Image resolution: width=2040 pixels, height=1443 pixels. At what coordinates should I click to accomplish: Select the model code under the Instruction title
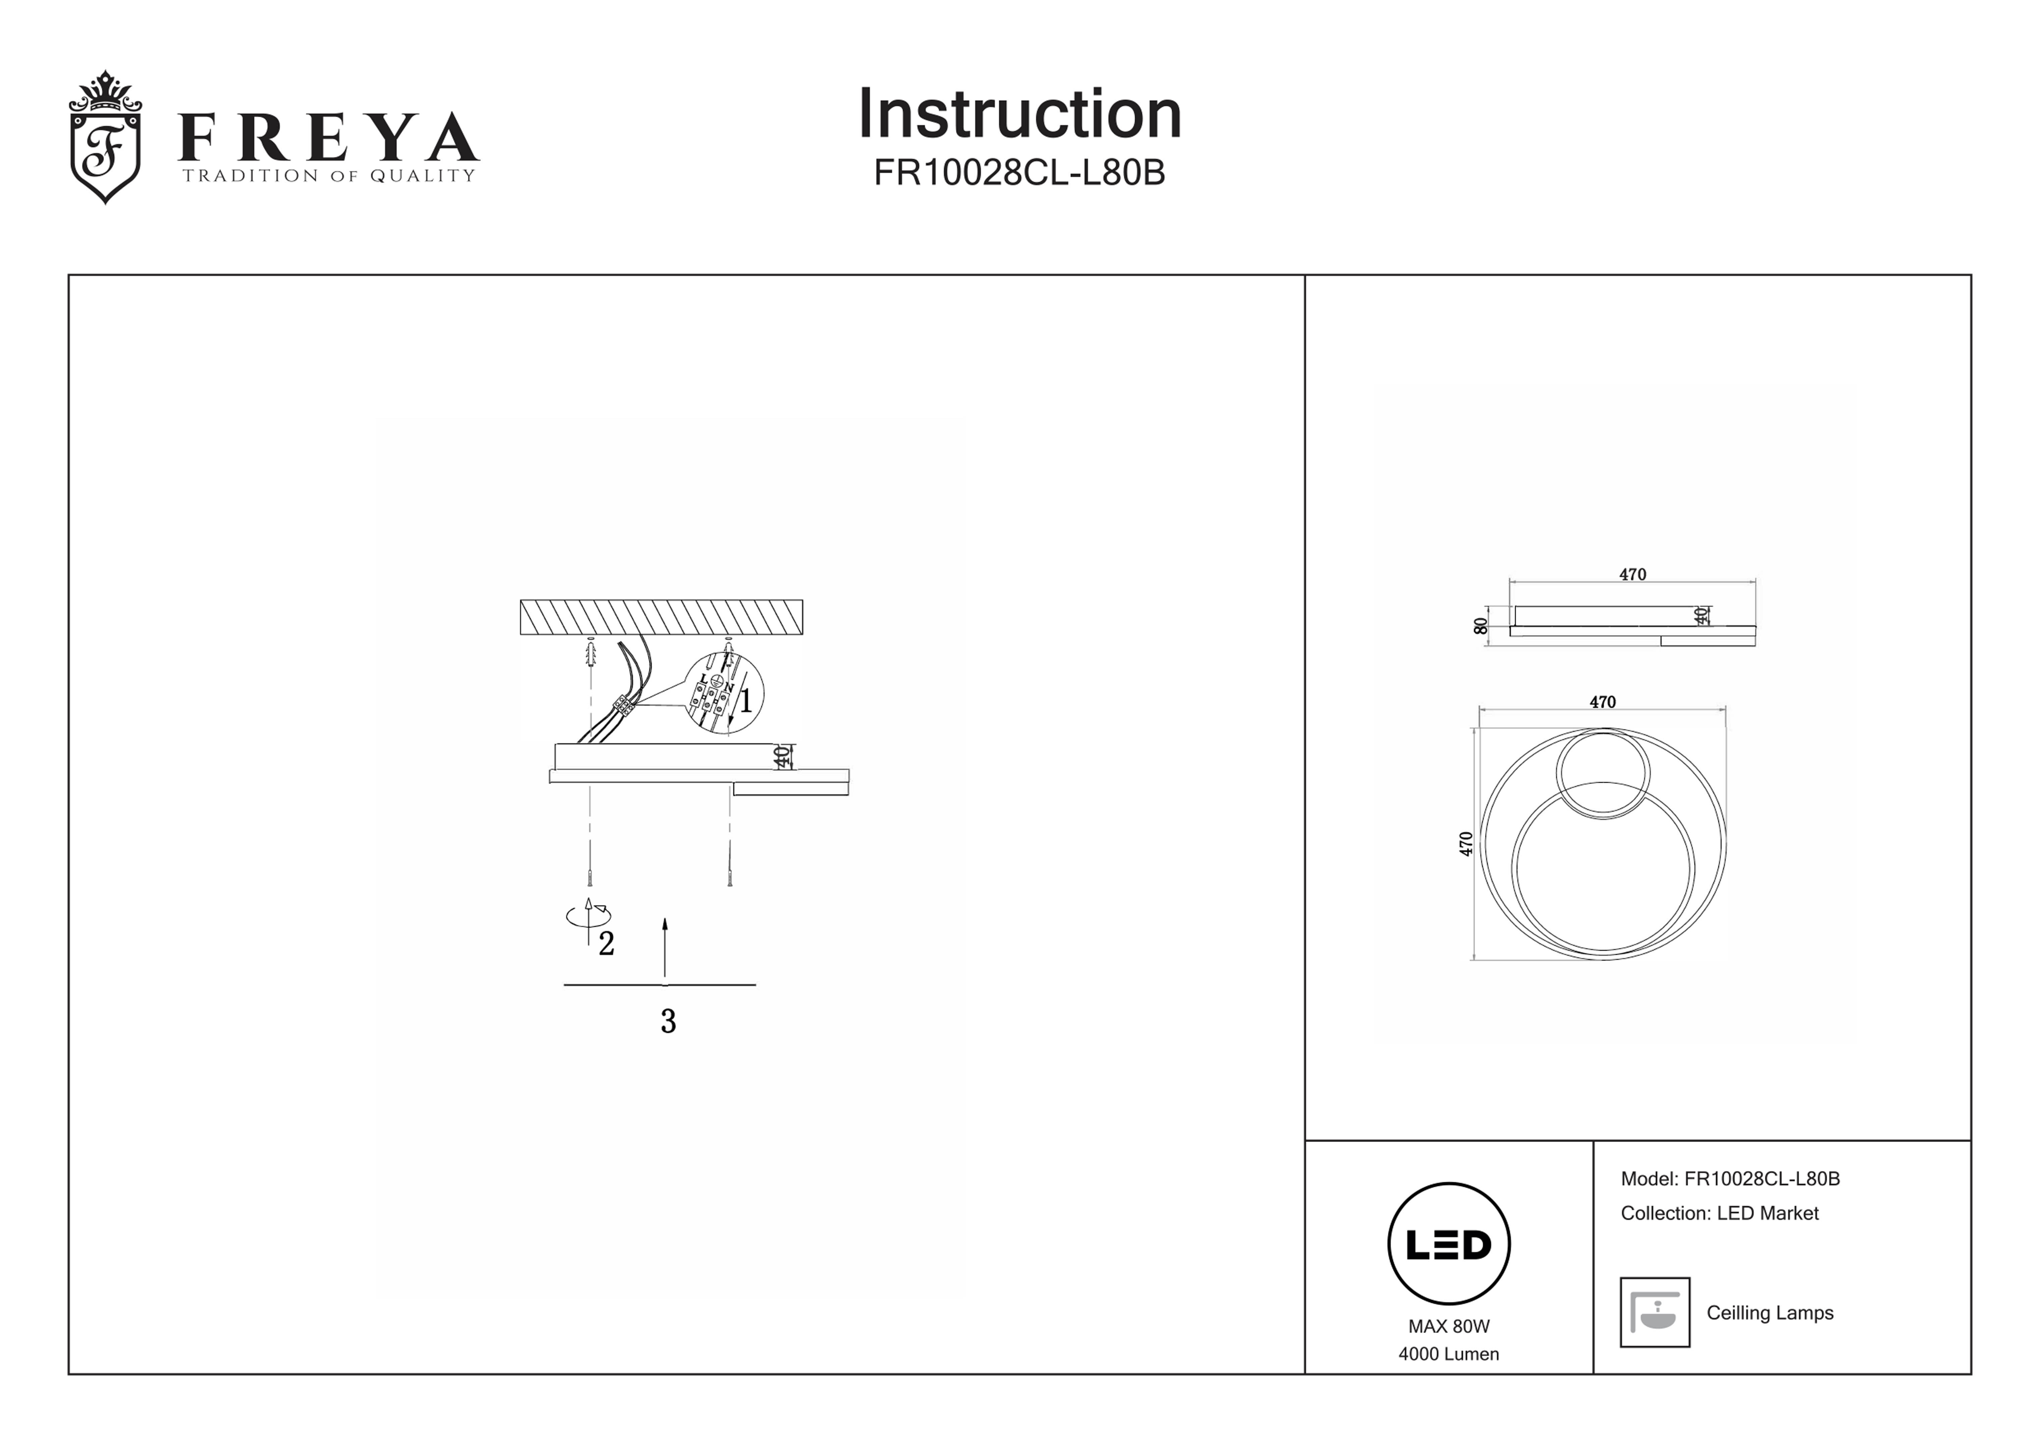point(1019,172)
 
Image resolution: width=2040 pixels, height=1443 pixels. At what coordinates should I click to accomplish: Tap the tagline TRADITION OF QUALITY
point(329,176)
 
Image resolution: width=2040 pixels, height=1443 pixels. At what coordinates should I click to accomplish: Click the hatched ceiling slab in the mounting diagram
point(661,617)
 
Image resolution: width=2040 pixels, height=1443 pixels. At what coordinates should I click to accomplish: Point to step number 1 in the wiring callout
point(745,701)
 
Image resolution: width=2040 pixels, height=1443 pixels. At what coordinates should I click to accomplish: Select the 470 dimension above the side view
point(1632,575)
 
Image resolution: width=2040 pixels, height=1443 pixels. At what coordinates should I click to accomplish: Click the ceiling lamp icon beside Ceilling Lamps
point(1655,1312)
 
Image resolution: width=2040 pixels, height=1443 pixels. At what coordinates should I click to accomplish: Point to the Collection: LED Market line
point(1719,1214)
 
